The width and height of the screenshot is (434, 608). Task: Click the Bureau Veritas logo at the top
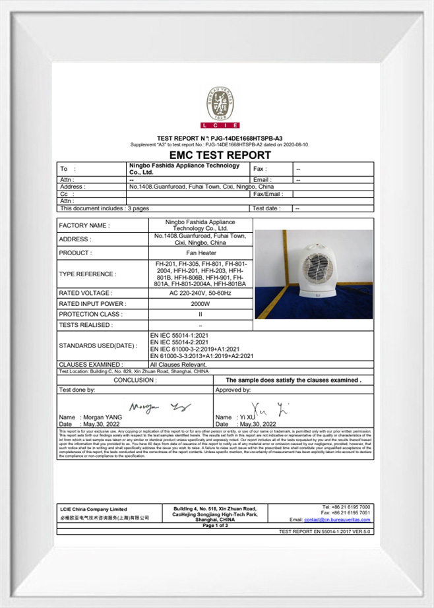(x=217, y=106)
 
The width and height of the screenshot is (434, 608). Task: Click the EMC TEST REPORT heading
(x=216, y=155)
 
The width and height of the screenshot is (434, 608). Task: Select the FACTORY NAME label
(x=84, y=226)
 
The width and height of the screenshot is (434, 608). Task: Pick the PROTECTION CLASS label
(x=88, y=315)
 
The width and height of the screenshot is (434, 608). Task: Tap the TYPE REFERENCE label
(x=87, y=274)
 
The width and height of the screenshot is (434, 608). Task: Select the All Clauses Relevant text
(x=178, y=364)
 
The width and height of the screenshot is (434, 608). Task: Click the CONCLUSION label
(x=135, y=380)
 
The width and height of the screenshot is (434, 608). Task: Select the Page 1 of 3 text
(x=215, y=526)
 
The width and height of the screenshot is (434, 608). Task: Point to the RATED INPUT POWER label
(x=92, y=304)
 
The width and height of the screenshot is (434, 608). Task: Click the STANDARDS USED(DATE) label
(x=98, y=346)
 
